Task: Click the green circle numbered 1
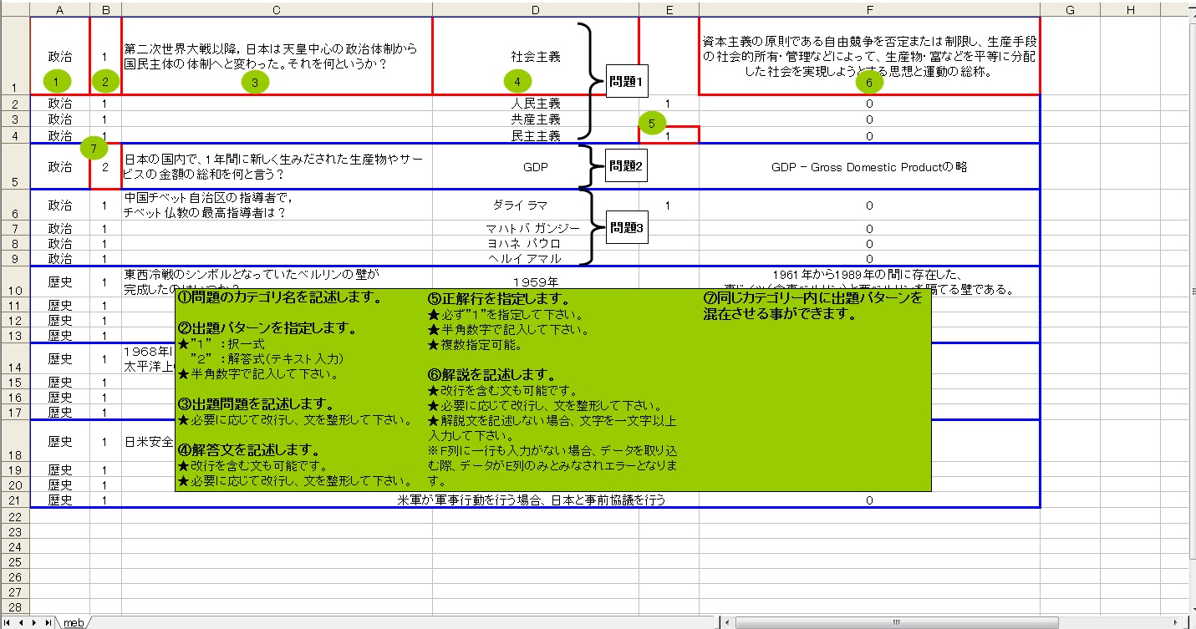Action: tap(56, 81)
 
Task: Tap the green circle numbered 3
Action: tap(255, 81)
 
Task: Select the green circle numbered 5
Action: tap(652, 123)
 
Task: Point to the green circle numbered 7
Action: tap(94, 149)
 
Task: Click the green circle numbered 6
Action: tap(869, 82)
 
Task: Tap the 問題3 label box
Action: tap(627, 227)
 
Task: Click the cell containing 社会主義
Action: tap(535, 57)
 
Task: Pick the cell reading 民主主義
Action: tap(535, 135)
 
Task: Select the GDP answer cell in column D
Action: tap(535, 166)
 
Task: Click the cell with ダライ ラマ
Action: tap(535, 205)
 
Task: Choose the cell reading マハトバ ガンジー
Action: tap(535, 228)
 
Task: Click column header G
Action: tap(1070, 9)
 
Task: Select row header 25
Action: tap(15, 561)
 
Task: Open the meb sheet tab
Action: tap(74, 622)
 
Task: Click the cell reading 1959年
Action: tap(535, 282)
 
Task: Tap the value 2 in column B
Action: tap(105, 166)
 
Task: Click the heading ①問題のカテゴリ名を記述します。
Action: tap(280, 298)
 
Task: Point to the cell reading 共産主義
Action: tap(535, 119)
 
